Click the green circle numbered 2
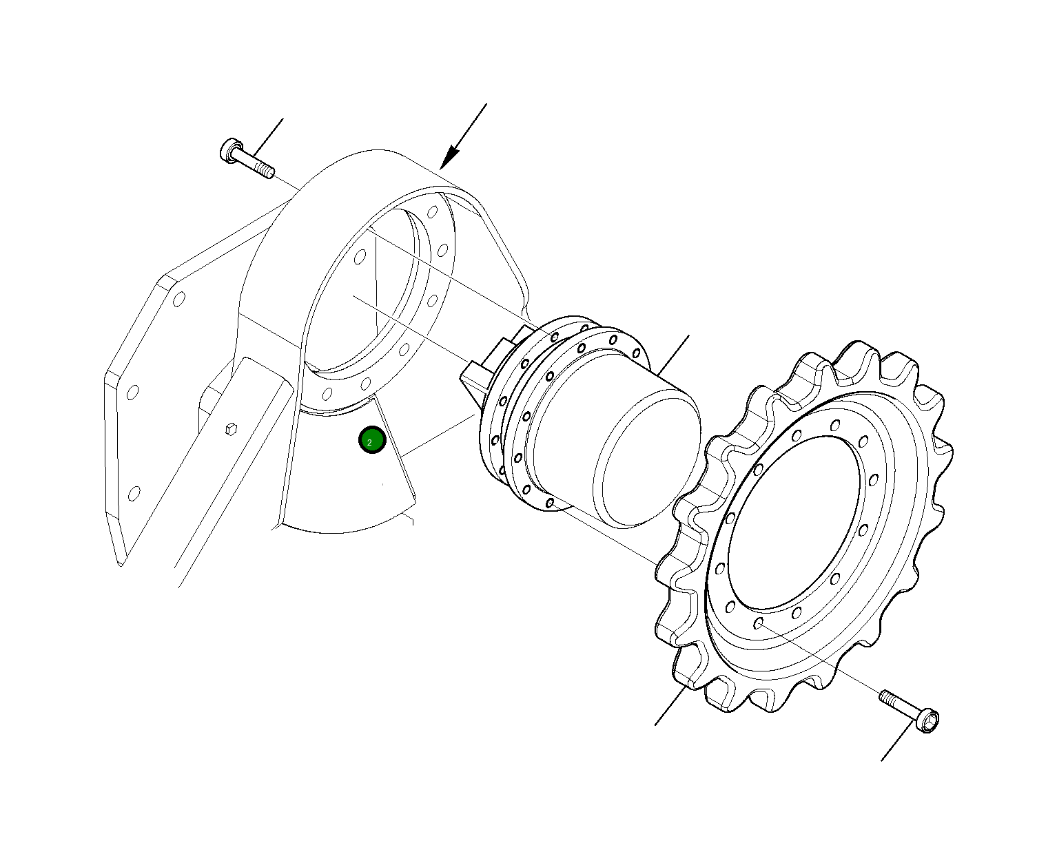pos(372,440)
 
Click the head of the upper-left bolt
pos(229,149)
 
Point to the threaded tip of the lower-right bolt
pos(887,696)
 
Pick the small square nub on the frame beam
pos(231,429)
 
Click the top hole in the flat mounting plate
pos(178,300)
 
